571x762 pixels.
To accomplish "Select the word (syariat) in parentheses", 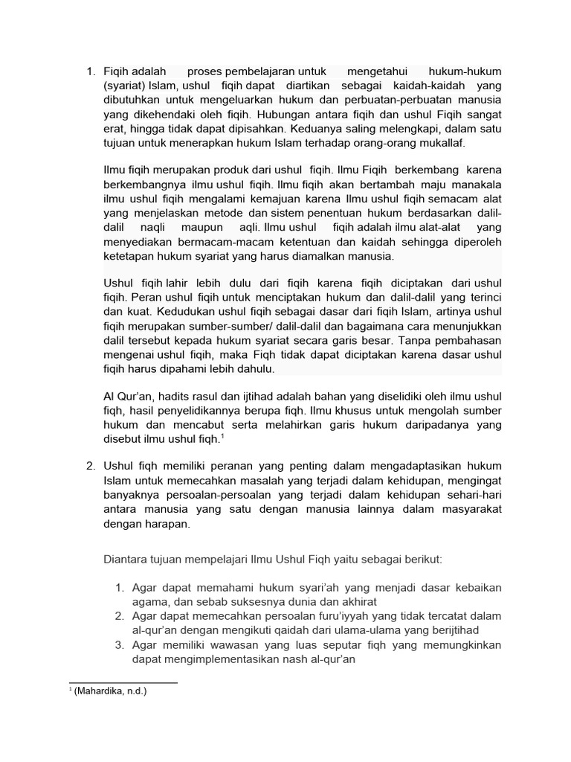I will pyautogui.click(x=125, y=86).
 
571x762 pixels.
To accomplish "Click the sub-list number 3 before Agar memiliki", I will pyautogui.click(x=118, y=644).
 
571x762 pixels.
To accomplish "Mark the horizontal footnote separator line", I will pyautogui.click(x=123, y=682).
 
